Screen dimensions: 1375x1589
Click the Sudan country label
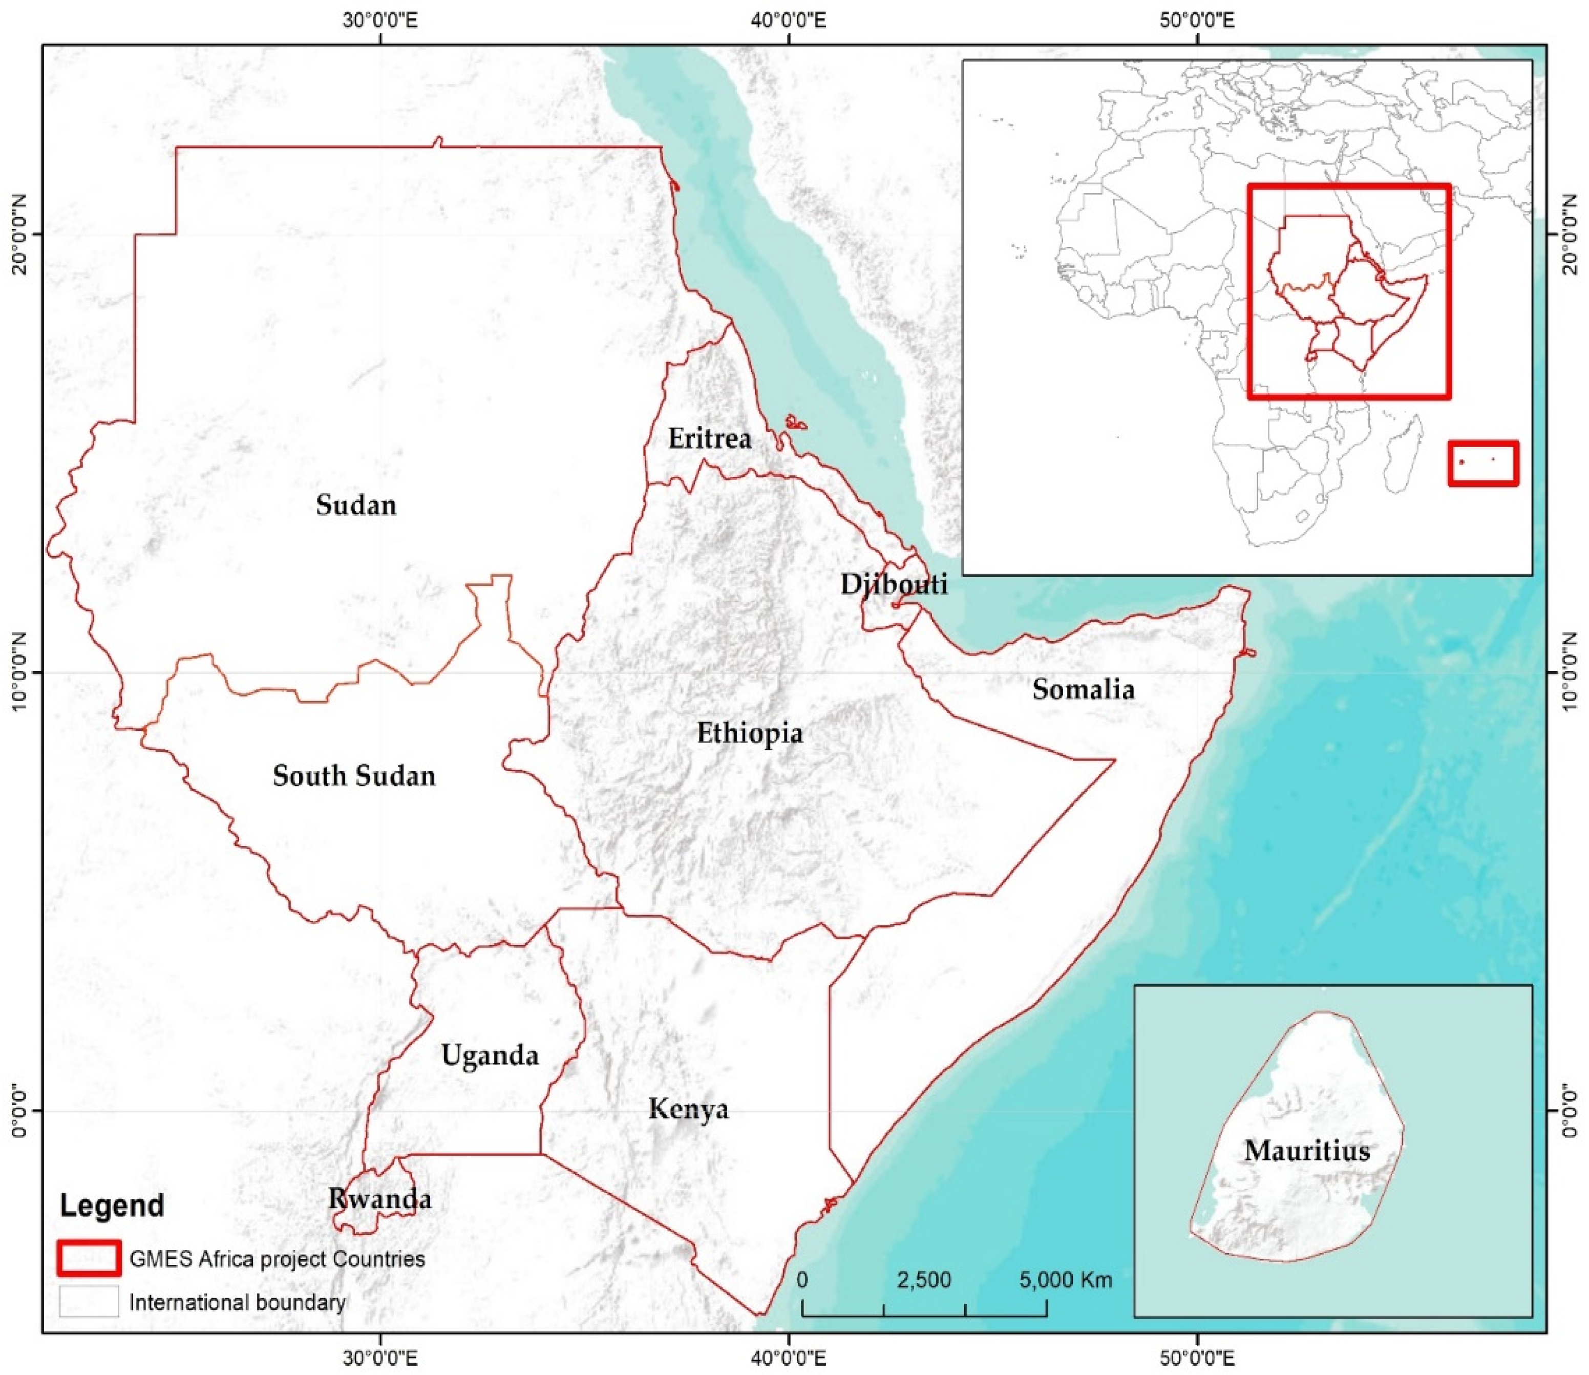(356, 505)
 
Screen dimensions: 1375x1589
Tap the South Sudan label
(354, 776)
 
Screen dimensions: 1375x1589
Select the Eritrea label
(709, 439)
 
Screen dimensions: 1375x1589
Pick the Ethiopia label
(750, 733)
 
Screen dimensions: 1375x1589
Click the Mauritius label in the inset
(1307, 1151)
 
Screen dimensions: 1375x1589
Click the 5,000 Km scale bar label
(1065, 1280)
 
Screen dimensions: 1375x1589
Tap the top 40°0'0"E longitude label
(789, 20)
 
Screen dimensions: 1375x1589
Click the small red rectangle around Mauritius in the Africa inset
(1483, 463)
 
